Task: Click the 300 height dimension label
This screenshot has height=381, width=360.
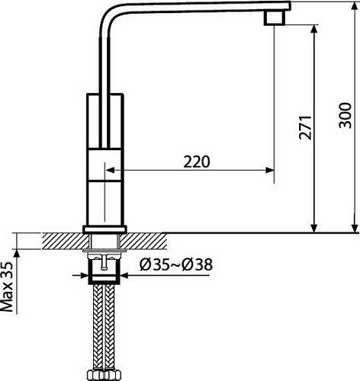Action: click(x=346, y=115)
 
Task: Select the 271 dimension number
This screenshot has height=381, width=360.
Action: click(x=305, y=127)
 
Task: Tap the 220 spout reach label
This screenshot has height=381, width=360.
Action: click(x=197, y=162)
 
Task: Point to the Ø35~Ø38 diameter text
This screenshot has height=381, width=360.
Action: click(x=176, y=264)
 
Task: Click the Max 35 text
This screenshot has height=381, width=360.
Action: click(x=7, y=287)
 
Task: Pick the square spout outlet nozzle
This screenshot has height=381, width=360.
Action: click(x=274, y=18)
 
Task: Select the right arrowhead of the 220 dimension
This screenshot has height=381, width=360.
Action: click(x=269, y=170)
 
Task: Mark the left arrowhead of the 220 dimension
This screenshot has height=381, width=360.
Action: click(x=110, y=170)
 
